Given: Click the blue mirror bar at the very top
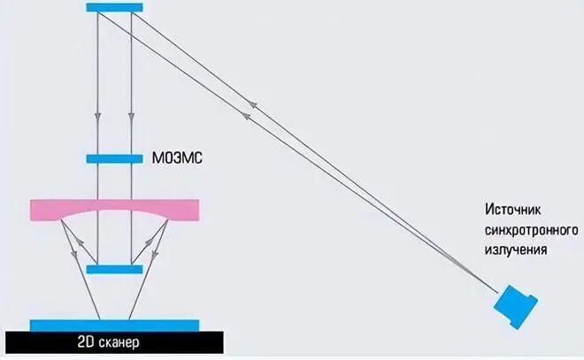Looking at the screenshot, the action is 115,7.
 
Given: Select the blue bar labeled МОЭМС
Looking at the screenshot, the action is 115,159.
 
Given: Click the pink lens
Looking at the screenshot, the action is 115,210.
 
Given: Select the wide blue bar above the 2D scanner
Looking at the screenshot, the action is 113,325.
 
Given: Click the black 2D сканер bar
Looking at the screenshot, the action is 113,341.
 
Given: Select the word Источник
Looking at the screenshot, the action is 513,210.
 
